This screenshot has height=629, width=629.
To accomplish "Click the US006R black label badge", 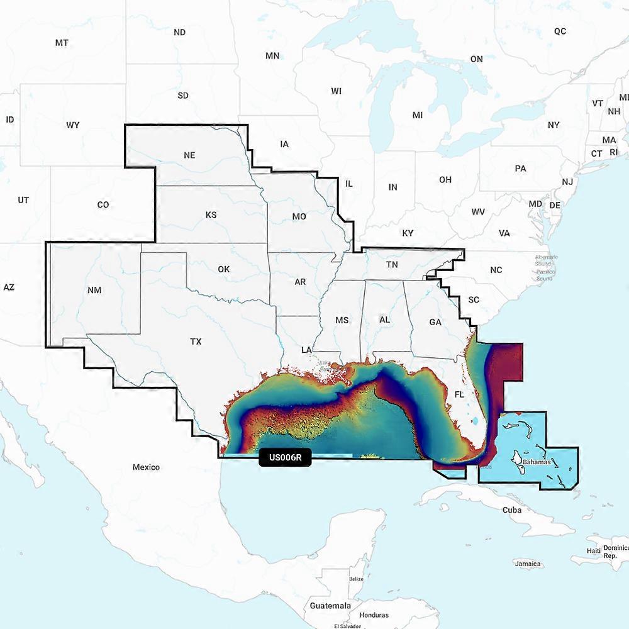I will (x=285, y=458).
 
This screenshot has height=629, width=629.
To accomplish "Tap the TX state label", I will (x=196, y=342).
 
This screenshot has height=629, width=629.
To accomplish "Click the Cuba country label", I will (x=511, y=509).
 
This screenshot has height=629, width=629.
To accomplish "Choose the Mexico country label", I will (x=146, y=467).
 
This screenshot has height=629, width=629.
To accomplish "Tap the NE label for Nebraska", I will (x=189, y=155).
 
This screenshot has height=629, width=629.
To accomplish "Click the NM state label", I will (x=94, y=290).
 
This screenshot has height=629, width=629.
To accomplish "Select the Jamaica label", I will (x=527, y=564).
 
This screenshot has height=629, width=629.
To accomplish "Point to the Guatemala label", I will (x=330, y=605).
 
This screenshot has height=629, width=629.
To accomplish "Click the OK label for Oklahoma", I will (x=223, y=269).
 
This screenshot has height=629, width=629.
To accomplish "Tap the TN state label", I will (x=392, y=265).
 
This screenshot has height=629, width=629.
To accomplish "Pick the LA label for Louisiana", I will (x=307, y=349).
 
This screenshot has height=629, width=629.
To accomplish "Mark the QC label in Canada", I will (x=560, y=31).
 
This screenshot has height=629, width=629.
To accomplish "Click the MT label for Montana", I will (x=62, y=43).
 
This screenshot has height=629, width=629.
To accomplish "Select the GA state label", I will (x=435, y=322).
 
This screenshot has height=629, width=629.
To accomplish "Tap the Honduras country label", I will (x=374, y=615).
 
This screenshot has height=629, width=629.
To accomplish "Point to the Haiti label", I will (x=593, y=550).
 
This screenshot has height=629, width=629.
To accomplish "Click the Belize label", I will (x=356, y=579).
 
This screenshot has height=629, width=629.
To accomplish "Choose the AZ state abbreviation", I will (x=9, y=287).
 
